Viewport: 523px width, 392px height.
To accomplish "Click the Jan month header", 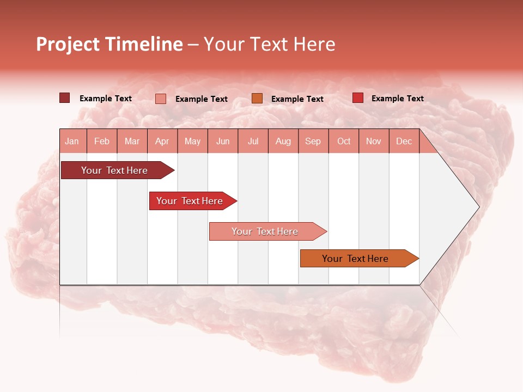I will coord(72,141).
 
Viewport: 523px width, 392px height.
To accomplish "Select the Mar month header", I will coord(132,141).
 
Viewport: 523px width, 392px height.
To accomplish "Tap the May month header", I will coord(192,141).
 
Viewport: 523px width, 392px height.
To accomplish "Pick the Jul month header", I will coord(253,141).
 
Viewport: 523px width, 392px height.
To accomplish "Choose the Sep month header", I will coord(313,141).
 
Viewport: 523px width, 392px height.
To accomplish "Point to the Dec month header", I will coord(404,141).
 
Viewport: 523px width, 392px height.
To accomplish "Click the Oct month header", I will coord(343,141).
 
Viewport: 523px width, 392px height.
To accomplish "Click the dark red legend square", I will coord(64,98).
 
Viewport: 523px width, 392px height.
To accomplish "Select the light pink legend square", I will coord(160,99).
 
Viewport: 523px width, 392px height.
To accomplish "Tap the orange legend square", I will coord(257,98).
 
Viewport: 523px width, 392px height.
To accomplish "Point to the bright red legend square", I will coord(357,98).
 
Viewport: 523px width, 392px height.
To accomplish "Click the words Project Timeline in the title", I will coord(109,44).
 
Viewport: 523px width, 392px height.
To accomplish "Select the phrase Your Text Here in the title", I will coord(269,44).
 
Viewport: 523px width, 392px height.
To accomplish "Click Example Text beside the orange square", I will coord(297,99).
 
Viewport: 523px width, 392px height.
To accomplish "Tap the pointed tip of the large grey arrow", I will coord(478,207).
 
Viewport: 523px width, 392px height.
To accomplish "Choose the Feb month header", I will coord(102,141).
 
